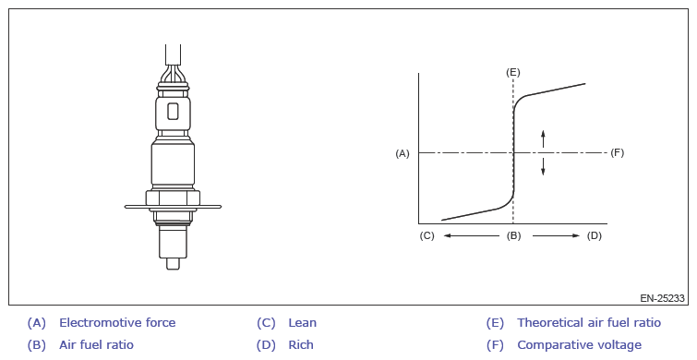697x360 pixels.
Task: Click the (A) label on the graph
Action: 403,153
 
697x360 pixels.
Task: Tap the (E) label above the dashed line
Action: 513,72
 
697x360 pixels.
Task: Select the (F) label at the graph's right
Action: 617,153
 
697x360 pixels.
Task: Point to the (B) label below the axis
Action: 513,235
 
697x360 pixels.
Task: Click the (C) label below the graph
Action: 427,235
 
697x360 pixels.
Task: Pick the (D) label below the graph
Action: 595,235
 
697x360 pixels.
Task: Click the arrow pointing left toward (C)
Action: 471,235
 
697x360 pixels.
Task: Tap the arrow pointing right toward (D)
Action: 556,235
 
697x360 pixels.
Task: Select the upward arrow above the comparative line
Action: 543,138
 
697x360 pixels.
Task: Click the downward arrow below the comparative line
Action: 543,166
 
